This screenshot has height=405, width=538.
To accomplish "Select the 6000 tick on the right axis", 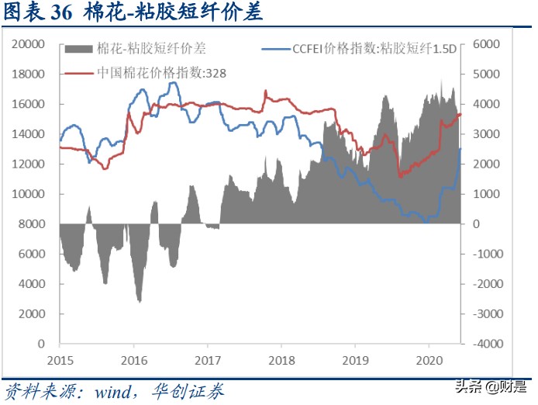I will pyautogui.click(x=486, y=44).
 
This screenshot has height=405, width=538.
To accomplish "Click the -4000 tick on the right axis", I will pyautogui.click(x=488, y=344).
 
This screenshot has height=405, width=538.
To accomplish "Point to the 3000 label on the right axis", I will pyautogui.click(x=486, y=134).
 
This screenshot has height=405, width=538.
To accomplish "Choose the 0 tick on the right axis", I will pyautogui.click(x=478, y=224).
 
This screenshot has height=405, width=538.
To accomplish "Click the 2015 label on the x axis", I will pyautogui.click(x=60, y=361).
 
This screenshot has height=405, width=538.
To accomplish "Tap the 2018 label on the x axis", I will pyautogui.click(x=281, y=361).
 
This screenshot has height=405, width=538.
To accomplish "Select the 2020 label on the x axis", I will pyautogui.click(x=427, y=361).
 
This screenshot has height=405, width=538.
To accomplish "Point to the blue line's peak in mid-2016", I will pyautogui.click(x=176, y=82).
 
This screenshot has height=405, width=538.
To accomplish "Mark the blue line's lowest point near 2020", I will pyautogui.click(x=426, y=222).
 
